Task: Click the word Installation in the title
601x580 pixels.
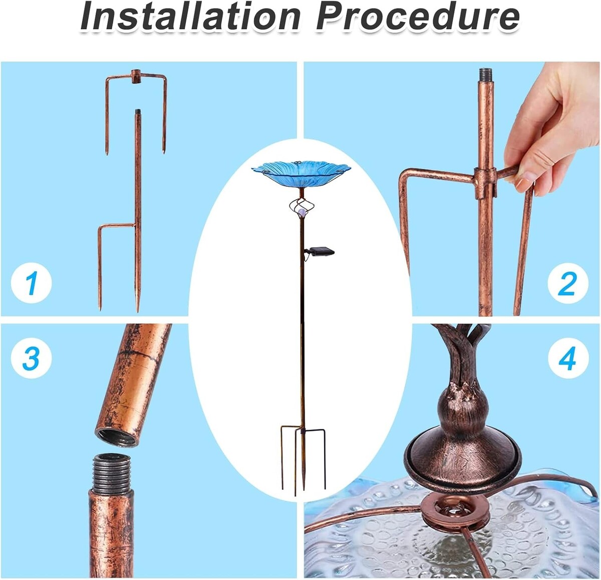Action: tap(190, 17)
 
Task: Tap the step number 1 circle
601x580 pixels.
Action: tap(31, 283)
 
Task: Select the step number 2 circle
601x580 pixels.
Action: tap(567, 283)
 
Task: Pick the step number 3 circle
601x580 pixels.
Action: tap(31, 358)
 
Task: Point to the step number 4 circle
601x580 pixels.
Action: tap(568, 358)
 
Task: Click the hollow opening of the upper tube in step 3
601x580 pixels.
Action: tap(116, 437)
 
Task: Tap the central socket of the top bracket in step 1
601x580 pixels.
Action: tap(136, 76)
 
